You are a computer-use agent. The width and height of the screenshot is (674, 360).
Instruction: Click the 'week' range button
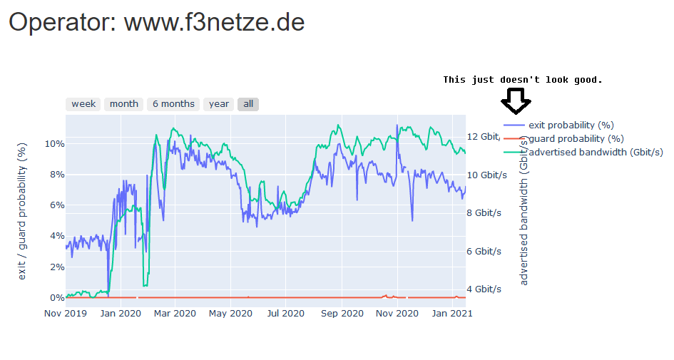(x=83, y=104)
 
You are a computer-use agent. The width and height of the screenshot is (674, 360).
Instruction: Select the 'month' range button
(x=124, y=104)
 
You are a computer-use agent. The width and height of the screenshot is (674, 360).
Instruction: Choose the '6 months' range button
(x=173, y=104)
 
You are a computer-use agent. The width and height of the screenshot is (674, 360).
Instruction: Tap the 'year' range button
(x=219, y=104)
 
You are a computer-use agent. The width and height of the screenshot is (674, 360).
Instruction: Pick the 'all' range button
(x=248, y=104)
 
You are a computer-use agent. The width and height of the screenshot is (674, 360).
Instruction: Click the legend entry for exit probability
(x=571, y=125)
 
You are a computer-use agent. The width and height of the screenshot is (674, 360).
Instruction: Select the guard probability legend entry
(x=576, y=138)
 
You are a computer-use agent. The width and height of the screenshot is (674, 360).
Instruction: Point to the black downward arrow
(x=515, y=101)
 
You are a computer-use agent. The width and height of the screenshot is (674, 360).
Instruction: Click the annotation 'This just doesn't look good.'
(x=522, y=80)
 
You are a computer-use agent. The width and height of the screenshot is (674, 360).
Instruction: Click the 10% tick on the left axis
(x=55, y=143)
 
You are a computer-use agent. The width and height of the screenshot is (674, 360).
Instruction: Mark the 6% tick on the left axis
(x=55, y=205)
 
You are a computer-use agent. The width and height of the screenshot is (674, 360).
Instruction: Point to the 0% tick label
(x=55, y=297)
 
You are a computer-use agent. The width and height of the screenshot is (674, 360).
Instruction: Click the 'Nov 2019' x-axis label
(x=65, y=313)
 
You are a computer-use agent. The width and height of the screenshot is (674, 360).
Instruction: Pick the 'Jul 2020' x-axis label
(x=285, y=313)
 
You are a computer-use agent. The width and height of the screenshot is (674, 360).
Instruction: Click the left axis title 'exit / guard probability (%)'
(x=21, y=210)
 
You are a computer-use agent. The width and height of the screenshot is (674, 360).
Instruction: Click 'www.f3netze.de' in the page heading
(x=214, y=22)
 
